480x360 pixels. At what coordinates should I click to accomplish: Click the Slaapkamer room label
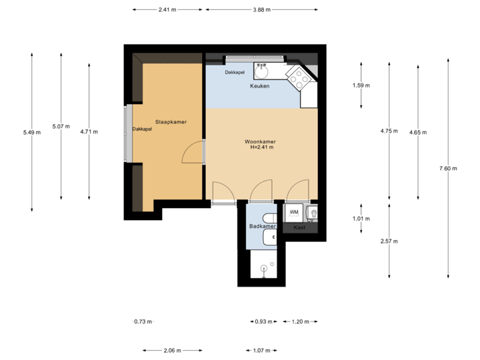pyautogui.click(x=171, y=122)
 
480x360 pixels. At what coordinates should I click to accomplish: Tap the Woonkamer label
pyautogui.click(x=261, y=142)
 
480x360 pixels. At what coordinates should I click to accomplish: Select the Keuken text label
pyautogui.click(x=259, y=87)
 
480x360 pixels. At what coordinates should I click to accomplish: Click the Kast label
pyautogui.click(x=299, y=227)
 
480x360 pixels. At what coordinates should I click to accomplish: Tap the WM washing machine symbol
pyautogui.click(x=293, y=212)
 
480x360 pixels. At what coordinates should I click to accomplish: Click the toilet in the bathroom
pyautogui.click(x=269, y=218)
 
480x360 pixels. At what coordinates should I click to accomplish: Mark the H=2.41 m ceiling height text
pyautogui.click(x=261, y=147)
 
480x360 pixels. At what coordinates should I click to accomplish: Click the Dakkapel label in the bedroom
pyautogui.click(x=142, y=129)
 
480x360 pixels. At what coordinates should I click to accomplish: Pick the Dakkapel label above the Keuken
pyautogui.click(x=235, y=72)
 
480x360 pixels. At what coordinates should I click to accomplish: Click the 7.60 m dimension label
pyautogui.click(x=448, y=168)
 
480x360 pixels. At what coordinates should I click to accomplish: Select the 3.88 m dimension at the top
pyautogui.click(x=261, y=10)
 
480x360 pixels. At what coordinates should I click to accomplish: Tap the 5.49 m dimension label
pyautogui.click(x=31, y=132)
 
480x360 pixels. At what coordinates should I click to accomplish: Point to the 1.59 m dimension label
pyautogui.click(x=361, y=85)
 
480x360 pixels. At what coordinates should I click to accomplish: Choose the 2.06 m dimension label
pyautogui.click(x=172, y=350)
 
